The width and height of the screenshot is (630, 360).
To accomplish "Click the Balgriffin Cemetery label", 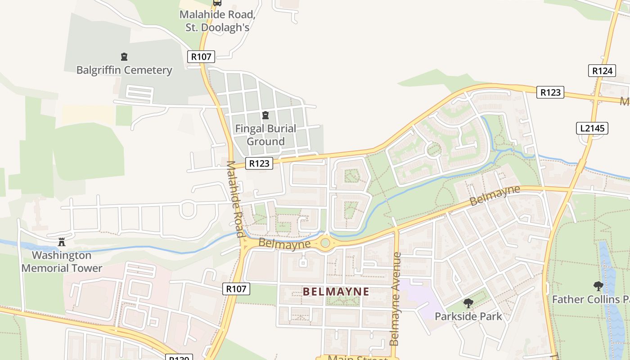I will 124,70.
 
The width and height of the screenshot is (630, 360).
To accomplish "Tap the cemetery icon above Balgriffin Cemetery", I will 124,57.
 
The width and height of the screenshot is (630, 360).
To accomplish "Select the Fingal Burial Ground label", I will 265,135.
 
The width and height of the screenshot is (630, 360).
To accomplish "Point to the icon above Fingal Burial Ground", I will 265,115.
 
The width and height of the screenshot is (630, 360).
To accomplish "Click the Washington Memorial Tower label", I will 62,262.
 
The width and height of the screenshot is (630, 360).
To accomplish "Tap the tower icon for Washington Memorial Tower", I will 62,242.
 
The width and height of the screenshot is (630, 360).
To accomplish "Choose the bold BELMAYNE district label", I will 336,292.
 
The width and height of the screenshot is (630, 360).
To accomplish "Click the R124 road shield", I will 602,71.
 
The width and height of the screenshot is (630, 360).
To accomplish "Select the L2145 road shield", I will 592,128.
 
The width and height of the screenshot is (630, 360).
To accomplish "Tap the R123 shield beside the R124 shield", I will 550,92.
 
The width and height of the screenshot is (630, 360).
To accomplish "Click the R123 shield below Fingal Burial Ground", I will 259,163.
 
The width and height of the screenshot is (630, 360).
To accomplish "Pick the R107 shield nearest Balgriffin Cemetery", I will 201,56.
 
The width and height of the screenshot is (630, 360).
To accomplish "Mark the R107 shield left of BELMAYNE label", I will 236,289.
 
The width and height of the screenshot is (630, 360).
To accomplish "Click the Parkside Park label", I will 468,316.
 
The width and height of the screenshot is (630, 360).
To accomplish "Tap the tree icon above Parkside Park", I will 468,303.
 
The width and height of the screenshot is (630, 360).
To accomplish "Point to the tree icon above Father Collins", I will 598,286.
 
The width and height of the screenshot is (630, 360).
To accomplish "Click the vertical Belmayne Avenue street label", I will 396,299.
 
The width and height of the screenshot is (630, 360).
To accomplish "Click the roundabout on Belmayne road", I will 325,243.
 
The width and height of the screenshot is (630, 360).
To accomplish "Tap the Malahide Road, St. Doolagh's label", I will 217,21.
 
